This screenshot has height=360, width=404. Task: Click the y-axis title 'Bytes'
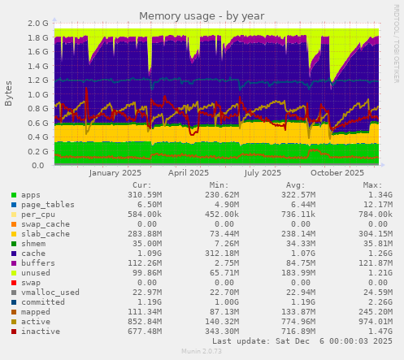coord(9,94)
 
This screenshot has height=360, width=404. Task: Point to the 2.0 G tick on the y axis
coord(38,24)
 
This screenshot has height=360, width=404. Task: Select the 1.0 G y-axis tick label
coord(38,94)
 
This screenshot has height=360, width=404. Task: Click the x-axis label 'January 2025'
coord(115,172)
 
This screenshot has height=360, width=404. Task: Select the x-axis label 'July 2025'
coord(262,172)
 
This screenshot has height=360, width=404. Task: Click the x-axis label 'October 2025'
coord(337,172)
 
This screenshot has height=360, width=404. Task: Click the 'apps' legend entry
coord(30,195)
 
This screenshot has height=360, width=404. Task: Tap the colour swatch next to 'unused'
coord(14,273)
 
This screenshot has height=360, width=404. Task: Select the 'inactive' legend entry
coord(40,332)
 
